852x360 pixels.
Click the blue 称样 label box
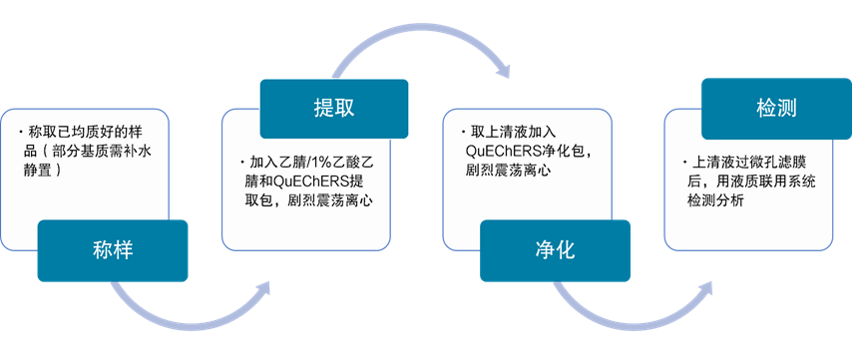pyautogui.click(x=112, y=249)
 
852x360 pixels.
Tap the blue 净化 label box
pyautogui.click(x=555, y=249)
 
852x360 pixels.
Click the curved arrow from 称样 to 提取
pyautogui.click(x=190, y=307)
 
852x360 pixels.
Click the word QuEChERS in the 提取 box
pyautogui.click(x=324, y=182)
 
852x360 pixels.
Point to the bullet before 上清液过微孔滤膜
pyautogui.click(x=682, y=161)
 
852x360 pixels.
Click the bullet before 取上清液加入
pyautogui.click(x=463, y=133)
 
